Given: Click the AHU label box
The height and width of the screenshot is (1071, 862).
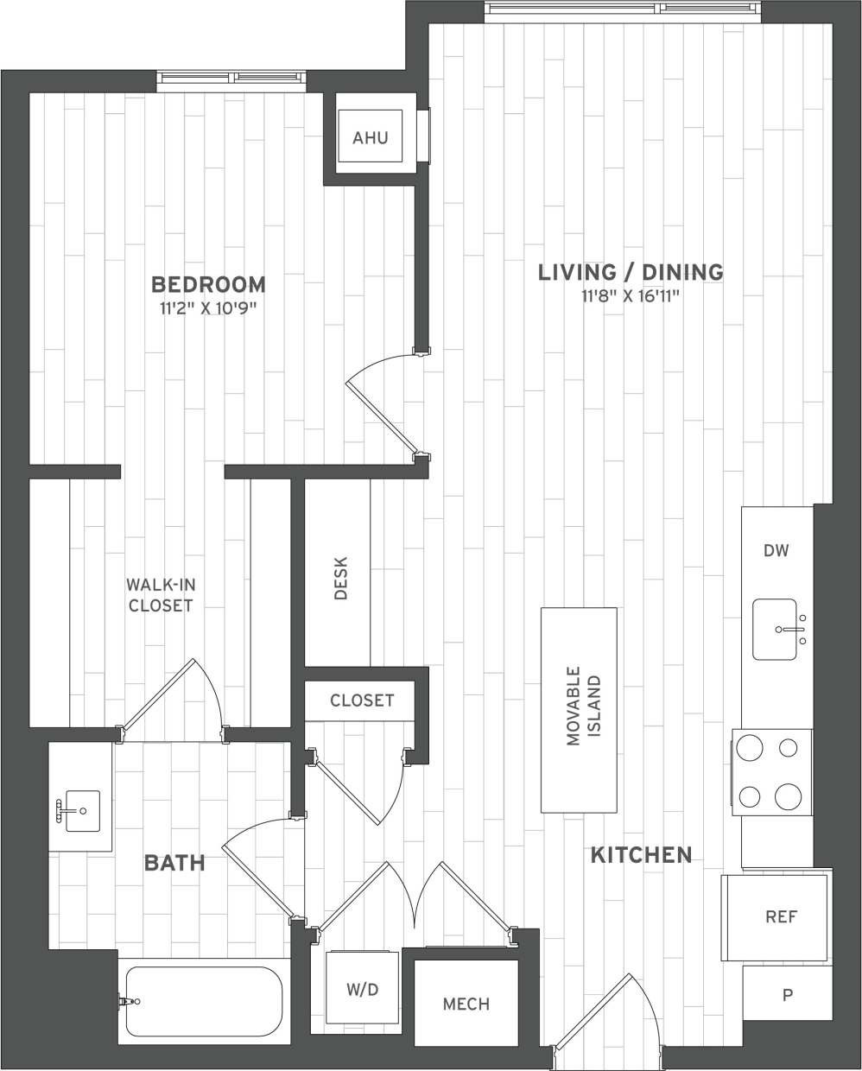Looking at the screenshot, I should pos(371,137).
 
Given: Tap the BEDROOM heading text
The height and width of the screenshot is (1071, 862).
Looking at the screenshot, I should pos(208,284).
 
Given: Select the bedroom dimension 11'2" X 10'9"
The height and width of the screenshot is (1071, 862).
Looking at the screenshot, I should pos(208,307).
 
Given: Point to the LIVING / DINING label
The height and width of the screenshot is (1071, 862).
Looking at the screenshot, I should pos(631,272).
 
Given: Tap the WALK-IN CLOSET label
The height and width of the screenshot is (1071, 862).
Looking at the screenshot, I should pos(160,594).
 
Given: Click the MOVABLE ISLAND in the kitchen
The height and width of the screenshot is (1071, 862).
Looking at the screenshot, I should pos(580,709).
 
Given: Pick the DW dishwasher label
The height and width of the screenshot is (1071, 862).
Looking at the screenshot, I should pos(776,551).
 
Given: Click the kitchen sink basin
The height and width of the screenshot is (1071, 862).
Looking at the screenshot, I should pos(775,630).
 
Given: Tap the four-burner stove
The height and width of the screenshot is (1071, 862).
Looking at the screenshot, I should pos(772,771).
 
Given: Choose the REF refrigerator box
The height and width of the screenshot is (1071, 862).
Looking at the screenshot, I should pos(780,916).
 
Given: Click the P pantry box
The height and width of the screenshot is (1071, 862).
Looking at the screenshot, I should pos(787,994).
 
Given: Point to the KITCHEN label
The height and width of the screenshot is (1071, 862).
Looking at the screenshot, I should pos(641,855).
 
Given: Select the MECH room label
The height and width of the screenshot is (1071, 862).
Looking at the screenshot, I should pos(466,1004).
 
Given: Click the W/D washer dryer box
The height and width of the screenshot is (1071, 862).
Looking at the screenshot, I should pos(362,990).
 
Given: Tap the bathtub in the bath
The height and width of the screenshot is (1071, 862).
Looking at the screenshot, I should pos(204,1002).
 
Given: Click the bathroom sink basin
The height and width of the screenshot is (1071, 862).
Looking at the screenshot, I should pos(82,811).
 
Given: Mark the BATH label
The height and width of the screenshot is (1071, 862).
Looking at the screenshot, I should pos(174,862).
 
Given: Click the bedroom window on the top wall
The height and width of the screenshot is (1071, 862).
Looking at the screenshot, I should pos(232,81).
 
